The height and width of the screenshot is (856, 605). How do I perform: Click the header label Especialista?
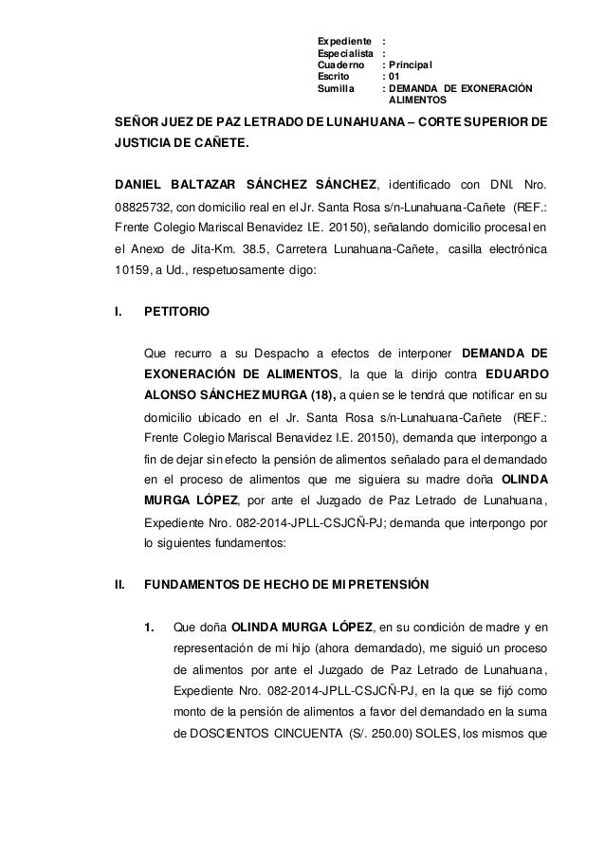click(345, 54)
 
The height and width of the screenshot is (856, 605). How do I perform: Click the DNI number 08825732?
click(140, 206)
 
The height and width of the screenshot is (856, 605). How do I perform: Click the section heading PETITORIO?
click(177, 311)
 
